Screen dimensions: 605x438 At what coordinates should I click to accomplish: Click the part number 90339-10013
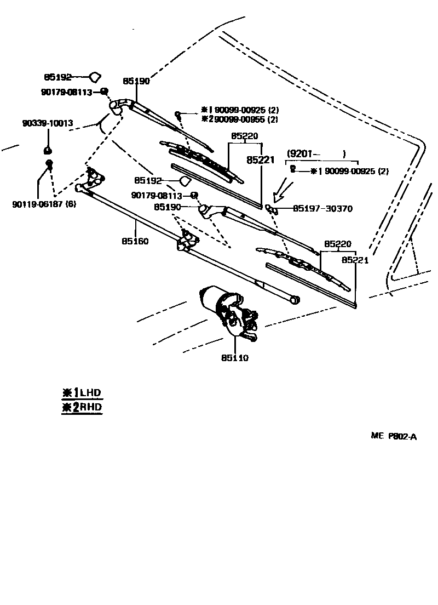[48, 124]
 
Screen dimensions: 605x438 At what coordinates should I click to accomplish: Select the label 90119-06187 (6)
[44, 204]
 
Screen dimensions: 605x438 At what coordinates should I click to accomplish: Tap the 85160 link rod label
[135, 241]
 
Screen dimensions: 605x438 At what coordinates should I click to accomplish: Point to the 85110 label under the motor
[235, 358]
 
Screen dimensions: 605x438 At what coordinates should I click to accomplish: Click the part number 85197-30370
[322, 209]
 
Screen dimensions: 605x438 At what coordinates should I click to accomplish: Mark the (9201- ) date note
[316, 153]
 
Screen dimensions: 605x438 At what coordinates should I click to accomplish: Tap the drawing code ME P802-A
[394, 436]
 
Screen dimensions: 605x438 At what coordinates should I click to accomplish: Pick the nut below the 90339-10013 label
[48, 150]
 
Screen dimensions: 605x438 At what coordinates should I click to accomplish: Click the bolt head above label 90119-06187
[49, 163]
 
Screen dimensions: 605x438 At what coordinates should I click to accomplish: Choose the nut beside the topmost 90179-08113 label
[103, 92]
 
